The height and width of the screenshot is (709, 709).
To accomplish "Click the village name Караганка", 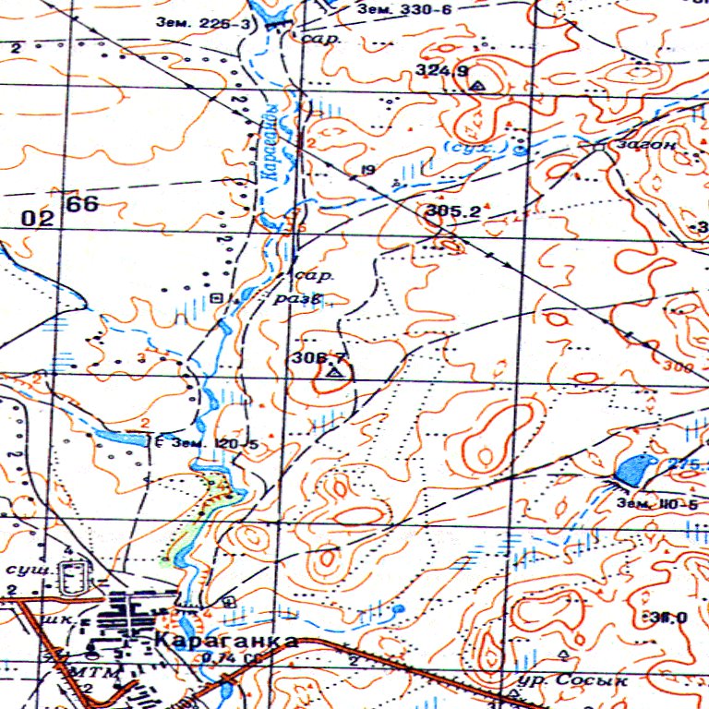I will click(x=226, y=641).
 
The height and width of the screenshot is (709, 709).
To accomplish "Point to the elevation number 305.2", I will click(x=454, y=211).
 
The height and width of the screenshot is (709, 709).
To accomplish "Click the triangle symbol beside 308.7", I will click(x=333, y=373).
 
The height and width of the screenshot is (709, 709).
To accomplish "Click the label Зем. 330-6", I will click(x=403, y=9).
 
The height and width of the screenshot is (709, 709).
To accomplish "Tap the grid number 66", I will click(x=81, y=205).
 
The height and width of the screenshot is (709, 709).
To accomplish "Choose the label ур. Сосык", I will click(x=573, y=680).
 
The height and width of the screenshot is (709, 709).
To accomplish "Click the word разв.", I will click(x=297, y=299).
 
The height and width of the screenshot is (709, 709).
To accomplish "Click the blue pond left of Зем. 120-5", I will click(x=118, y=437).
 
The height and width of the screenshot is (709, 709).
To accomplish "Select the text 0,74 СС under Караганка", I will click(x=226, y=656).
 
